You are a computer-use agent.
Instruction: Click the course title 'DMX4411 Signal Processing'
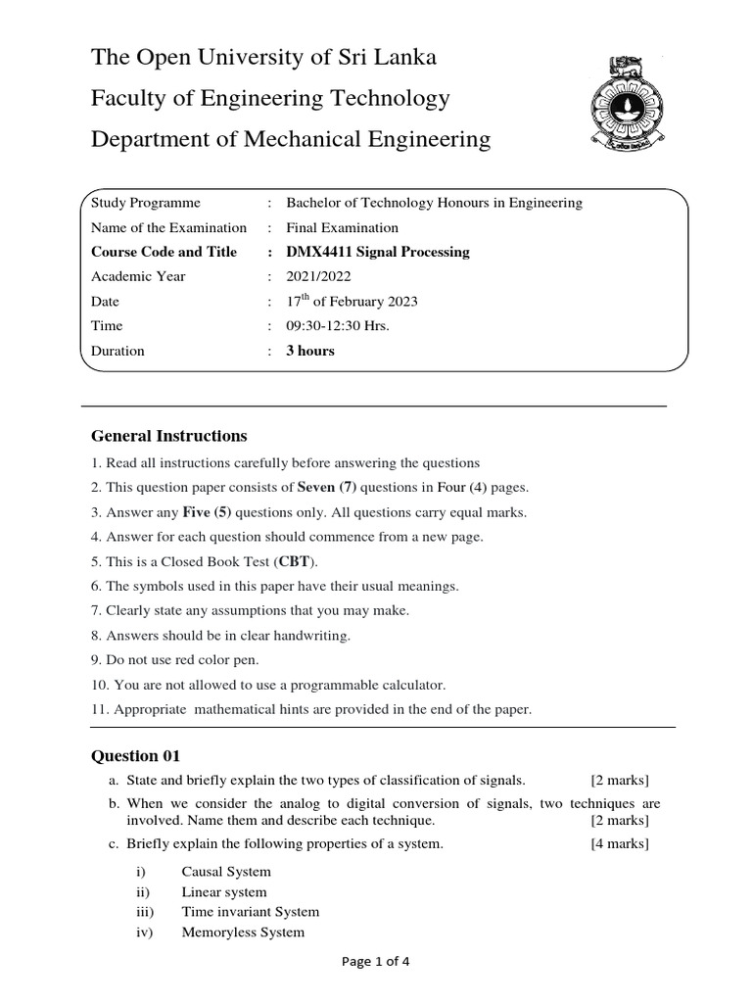coord(377,252)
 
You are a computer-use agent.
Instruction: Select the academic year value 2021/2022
coord(318,276)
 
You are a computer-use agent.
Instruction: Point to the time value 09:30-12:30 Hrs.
coord(337,325)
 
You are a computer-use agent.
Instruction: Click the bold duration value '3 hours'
coord(309,351)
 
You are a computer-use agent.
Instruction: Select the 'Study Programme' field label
coord(145,203)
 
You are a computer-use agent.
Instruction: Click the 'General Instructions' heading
coord(168,436)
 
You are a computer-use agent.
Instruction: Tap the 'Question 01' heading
coord(135,755)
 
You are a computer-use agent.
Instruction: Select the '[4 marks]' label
coord(619,843)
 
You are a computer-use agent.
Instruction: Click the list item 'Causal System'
coord(226,871)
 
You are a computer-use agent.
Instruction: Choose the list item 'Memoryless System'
coord(243,932)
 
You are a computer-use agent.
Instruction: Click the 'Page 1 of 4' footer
coord(375,961)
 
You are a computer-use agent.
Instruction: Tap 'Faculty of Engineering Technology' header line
coord(270,98)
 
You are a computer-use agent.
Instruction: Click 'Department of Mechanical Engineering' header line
coord(291,139)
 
